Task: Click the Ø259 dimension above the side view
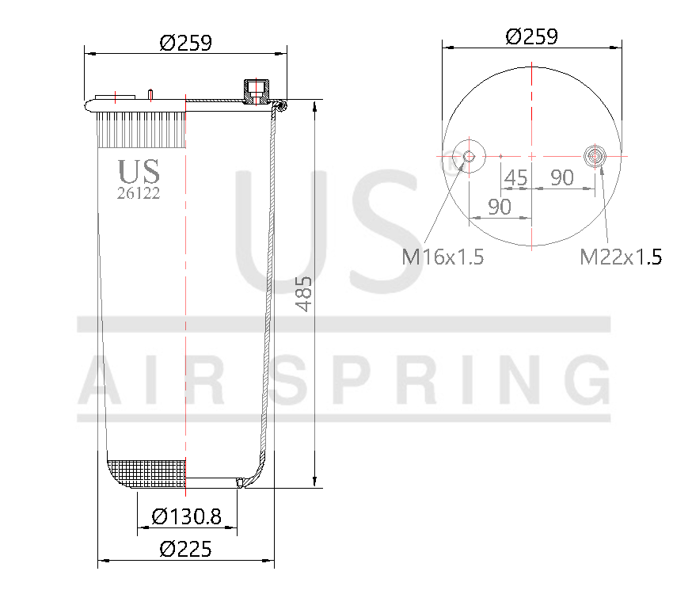[x=185, y=43]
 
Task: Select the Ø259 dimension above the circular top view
[x=531, y=36]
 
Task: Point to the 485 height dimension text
[x=304, y=294]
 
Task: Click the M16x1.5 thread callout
[x=443, y=257]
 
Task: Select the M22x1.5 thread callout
[x=621, y=257]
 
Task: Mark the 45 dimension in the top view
[x=515, y=178]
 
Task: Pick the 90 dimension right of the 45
[x=562, y=178]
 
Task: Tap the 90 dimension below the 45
[x=499, y=207]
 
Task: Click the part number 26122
[x=139, y=193]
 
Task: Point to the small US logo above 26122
[x=139, y=171]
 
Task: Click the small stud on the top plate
[x=149, y=94]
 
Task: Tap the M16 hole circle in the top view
[x=469, y=156]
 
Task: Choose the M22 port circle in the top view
[x=595, y=156]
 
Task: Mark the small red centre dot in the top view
[x=501, y=156]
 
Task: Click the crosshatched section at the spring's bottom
[x=146, y=473]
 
